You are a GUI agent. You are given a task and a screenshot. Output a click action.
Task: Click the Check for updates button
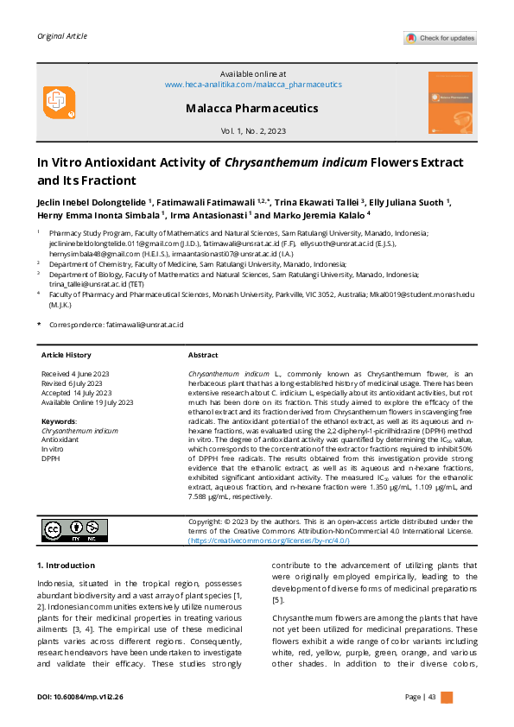click(x=440, y=38)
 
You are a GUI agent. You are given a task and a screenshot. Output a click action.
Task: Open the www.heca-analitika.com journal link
click(x=253, y=85)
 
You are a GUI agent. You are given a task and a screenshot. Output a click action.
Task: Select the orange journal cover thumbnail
click(x=450, y=101)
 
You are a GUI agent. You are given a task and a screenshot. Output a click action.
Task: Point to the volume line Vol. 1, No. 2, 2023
click(x=253, y=131)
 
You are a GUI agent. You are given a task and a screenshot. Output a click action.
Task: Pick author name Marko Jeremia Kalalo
click(x=320, y=216)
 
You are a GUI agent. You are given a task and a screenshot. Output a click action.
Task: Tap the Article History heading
click(x=66, y=355)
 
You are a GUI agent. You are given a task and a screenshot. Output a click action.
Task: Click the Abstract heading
click(x=203, y=355)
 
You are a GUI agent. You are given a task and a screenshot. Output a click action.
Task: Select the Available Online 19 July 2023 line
click(x=87, y=402)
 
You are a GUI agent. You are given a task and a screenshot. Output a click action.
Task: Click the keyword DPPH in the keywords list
click(x=51, y=458)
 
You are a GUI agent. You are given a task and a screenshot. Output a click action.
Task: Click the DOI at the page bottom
click(x=80, y=696)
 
